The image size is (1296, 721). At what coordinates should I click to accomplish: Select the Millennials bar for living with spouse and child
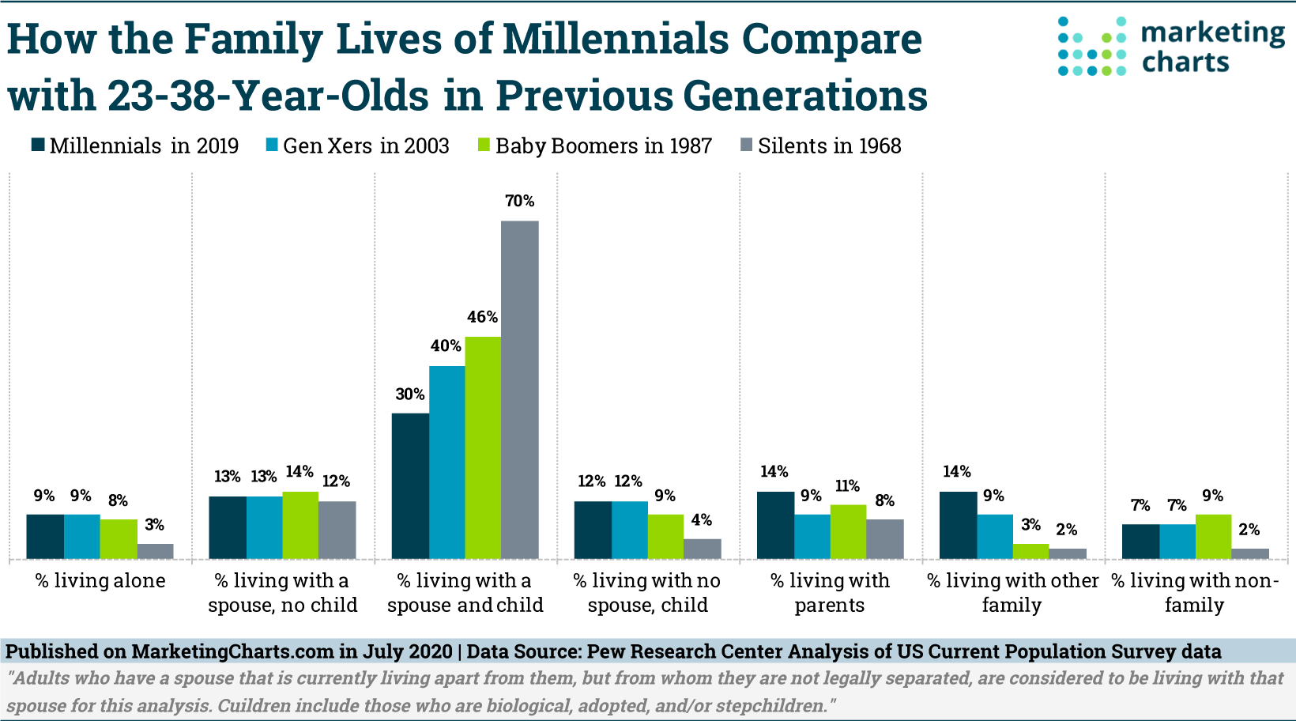click(410, 486)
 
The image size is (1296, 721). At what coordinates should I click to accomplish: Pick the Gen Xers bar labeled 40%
click(446, 462)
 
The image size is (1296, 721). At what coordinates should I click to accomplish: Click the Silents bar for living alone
click(155, 552)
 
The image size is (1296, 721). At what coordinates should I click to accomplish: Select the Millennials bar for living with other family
click(958, 526)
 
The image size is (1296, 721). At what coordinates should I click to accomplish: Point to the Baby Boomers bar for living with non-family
click(1213, 537)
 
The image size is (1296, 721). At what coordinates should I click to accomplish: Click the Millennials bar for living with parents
click(775, 526)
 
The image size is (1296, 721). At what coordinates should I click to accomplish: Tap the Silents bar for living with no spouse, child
click(702, 549)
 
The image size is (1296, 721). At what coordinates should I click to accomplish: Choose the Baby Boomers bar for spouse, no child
click(300, 526)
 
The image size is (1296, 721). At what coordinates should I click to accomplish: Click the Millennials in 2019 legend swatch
click(38, 145)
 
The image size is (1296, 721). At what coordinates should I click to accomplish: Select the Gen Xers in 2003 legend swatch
click(273, 145)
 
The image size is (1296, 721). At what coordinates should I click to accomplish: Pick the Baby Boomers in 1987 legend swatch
click(484, 145)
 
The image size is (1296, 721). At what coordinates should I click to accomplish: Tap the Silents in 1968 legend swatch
click(747, 145)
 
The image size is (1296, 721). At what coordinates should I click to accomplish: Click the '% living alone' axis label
click(100, 581)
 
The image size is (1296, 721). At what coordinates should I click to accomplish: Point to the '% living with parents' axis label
click(830, 593)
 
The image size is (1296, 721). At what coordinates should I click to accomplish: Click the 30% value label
click(410, 394)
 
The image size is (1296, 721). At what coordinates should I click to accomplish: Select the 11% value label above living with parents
click(847, 486)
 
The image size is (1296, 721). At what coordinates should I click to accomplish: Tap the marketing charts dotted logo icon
click(1092, 46)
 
